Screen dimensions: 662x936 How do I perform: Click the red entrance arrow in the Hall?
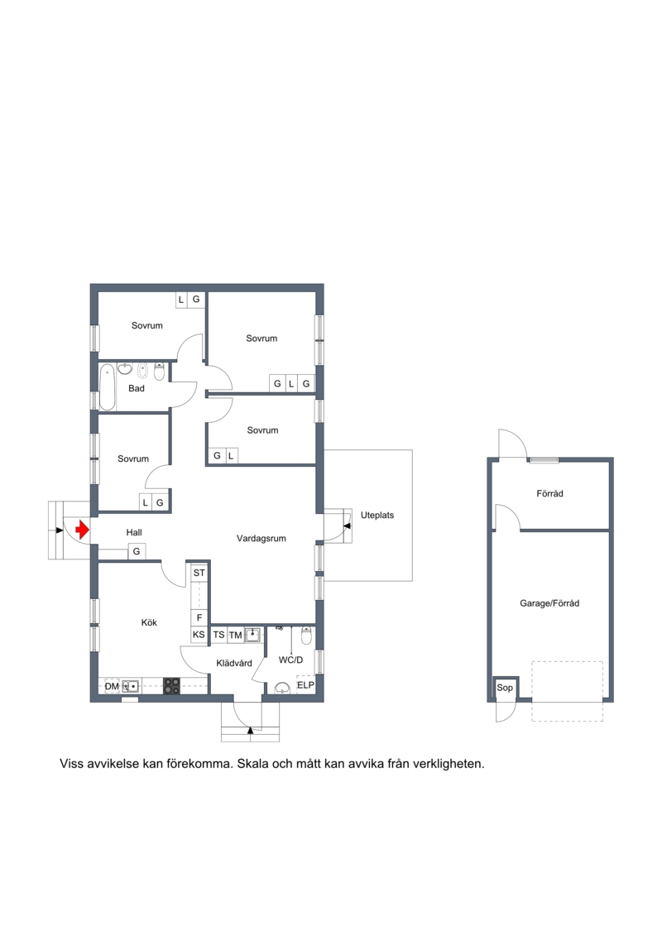pyautogui.click(x=83, y=530)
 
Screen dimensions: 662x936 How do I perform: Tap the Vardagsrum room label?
pyautogui.click(x=261, y=539)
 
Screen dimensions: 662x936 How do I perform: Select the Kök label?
pyautogui.click(x=149, y=622)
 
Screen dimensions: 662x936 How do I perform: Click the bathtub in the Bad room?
pyautogui.click(x=108, y=386)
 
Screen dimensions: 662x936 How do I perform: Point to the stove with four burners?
pyautogui.click(x=172, y=686)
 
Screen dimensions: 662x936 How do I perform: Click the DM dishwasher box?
pyautogui.click(x=112, y=686)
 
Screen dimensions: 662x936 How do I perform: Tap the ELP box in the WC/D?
pyautogui.click(x=305, y=685)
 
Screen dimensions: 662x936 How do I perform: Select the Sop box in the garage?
pyautogui.click(x=505, y=688)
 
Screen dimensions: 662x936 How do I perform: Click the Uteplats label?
pyautogui.click(x=377, y=515)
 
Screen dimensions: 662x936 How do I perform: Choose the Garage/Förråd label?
pyautogui.click(x=549, y=603)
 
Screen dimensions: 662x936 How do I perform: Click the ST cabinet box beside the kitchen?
pyautogui.click(x=199, y=573)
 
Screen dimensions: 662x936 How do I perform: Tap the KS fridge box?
pyautogui.click(x=199, y=635)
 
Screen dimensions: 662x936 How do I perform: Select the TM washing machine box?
pyautogui.click(x=235, y=635)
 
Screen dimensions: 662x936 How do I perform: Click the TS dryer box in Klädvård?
pyautogui.click(x=219, y=635)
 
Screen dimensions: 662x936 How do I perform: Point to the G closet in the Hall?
pyautogui.click(x=137, y=551)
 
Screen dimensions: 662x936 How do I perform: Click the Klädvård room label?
pyautogui.click(x=234, y=663)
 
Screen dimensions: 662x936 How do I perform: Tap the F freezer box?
pyautogui.click(x=199, y=618)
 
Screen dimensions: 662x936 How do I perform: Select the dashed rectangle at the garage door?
pyautogui.click(x=567, y=691)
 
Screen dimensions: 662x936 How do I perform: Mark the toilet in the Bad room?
pyautogui.click(x=159, y=372)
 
